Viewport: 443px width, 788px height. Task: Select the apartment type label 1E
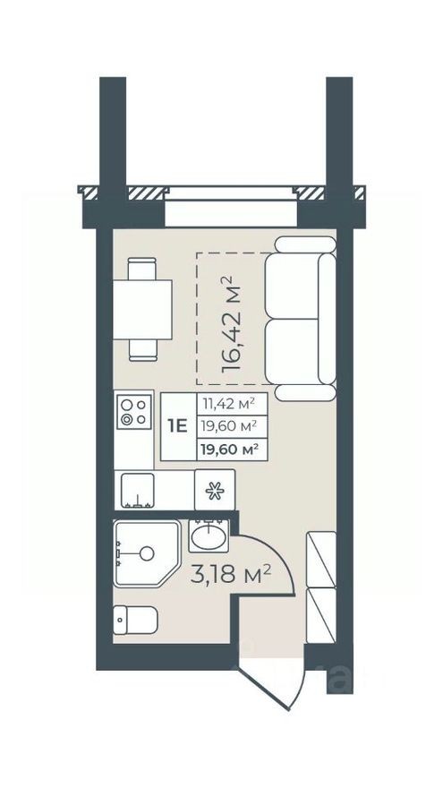[x=177, y=426]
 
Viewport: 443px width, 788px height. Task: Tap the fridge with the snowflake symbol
[x=214, y=491]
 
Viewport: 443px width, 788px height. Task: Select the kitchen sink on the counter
[x=138, y=491]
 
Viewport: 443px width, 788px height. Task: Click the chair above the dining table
[x=142, y=268]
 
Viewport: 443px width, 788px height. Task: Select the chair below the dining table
[x=142, y=348]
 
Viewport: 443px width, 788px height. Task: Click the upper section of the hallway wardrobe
[x=320, y=560]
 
